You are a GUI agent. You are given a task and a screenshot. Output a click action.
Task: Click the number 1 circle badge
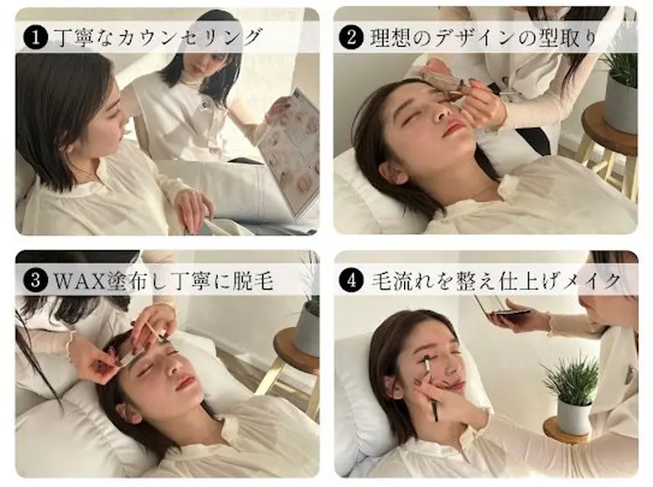(x=36, y=37)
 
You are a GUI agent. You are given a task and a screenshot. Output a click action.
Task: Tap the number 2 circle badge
(x=354, y=38)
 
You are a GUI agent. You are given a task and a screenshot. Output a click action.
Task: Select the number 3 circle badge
(x=36, y=281)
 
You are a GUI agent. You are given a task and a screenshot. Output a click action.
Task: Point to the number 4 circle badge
(x=354, y=281)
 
